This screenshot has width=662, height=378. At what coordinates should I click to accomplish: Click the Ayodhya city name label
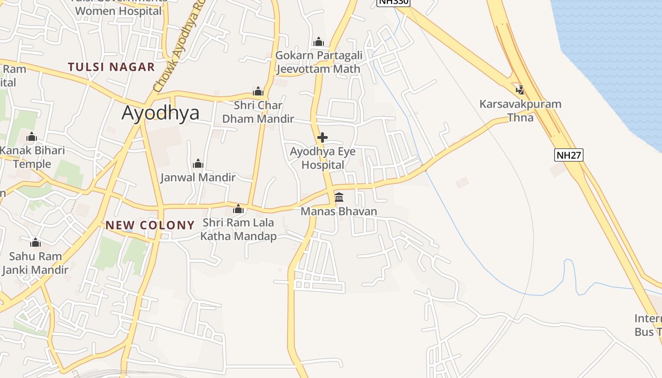pos(160,113)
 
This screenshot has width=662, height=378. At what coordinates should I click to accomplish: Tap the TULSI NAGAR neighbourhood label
pos(111,67)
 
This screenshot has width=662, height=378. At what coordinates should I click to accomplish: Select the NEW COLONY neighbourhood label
pos(150,225)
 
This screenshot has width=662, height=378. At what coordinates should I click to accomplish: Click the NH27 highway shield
pos(569,155)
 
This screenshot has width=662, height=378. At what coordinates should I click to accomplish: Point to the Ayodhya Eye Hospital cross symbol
pos(322,137)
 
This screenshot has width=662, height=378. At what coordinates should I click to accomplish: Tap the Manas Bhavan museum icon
pos(339,197)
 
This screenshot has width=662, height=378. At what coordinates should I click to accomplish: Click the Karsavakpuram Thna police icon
pos(520,89)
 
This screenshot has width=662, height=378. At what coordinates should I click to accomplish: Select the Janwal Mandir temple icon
pos(198,164)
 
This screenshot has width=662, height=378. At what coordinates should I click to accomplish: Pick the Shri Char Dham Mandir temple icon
pos(258,91)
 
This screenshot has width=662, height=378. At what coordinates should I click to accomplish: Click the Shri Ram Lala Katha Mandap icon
pos(238,209)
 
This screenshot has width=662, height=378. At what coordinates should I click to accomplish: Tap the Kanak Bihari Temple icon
pos(32,137)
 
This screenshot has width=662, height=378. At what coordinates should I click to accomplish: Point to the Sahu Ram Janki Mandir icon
pos(35,243)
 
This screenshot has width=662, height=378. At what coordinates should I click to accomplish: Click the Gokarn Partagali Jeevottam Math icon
pos(319,42)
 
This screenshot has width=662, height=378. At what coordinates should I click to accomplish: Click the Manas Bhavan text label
pos(339,211)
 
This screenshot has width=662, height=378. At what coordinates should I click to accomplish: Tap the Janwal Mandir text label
pos(198,178)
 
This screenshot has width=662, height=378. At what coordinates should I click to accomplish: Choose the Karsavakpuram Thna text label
pos(520,111)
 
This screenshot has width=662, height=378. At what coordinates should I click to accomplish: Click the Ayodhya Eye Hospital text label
pos(323,158)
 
